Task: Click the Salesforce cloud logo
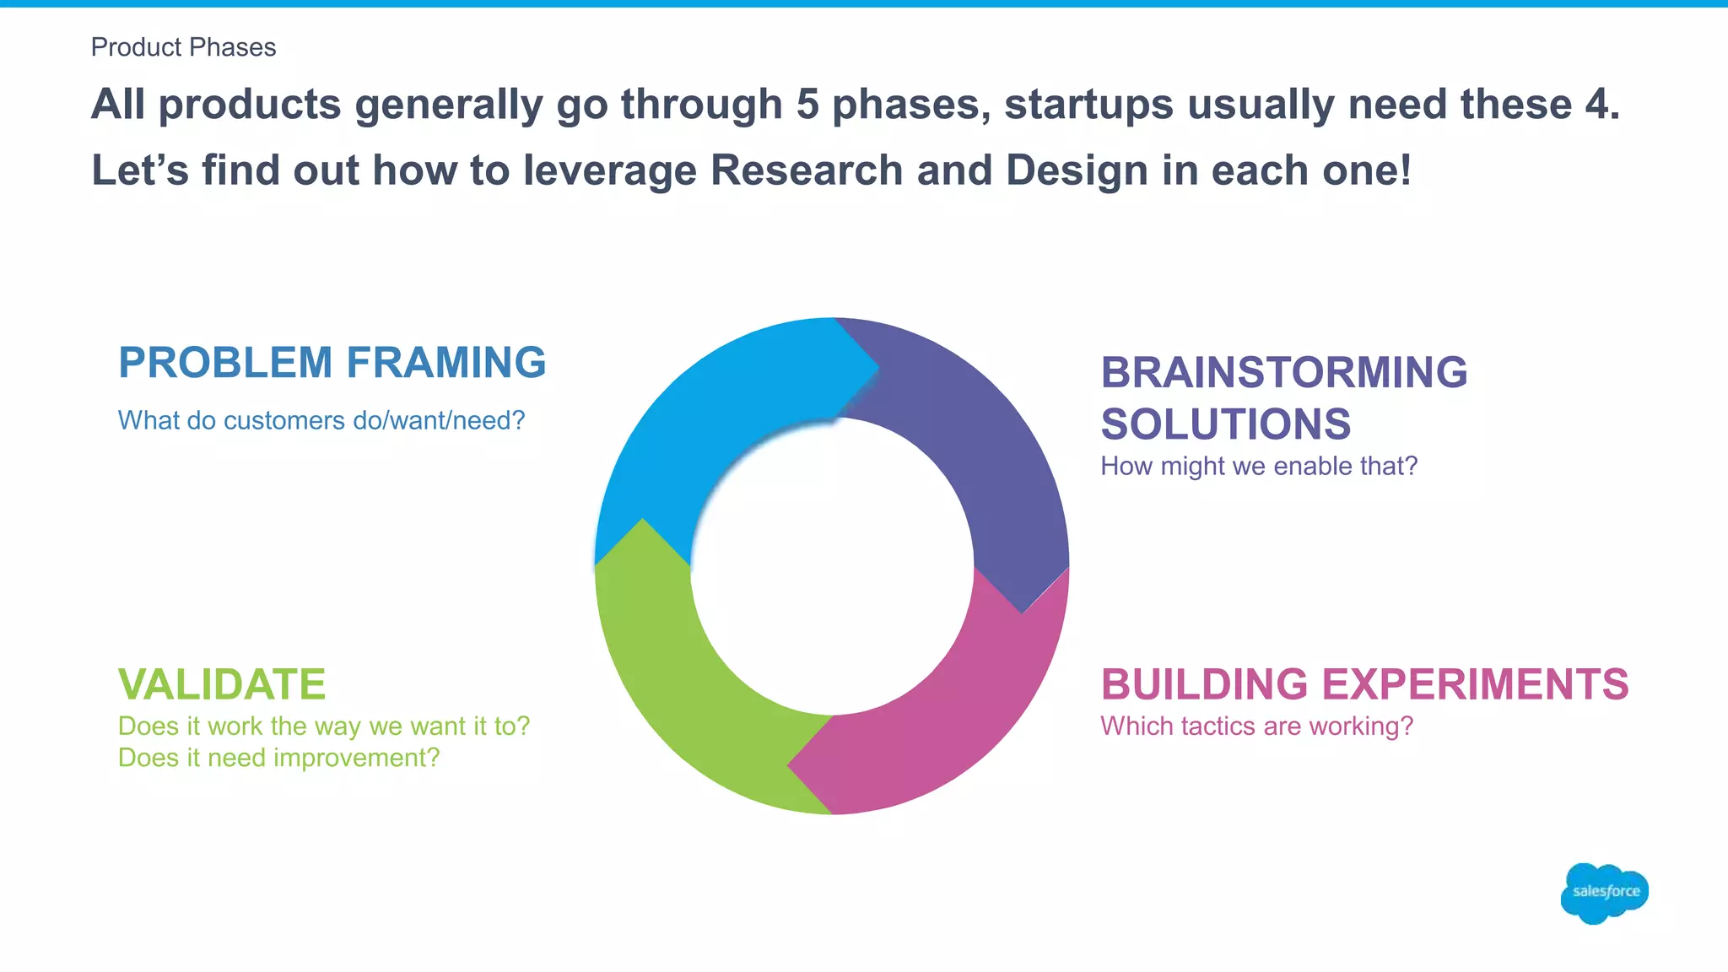pyautogui.click(x=1604, y=892)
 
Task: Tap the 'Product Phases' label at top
pyautogui.click(x=183, y=47)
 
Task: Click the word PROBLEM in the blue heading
pyautogui.click(x=225, y=363)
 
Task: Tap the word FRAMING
pyautogui.click(x=446, y=363)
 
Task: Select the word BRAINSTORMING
pyautogui.click(x=1283, y=372)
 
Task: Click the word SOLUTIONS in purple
pyautogui.click(x=1225, y=424)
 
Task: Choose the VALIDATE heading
pyautogui.click(x=222, y=684)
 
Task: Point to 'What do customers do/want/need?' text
pyautogui.click(x=321, y=420)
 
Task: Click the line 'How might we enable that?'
pyautogui.click(x=1258, y=466)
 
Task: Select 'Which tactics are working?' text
pyautogui.click(x=1256, y=726)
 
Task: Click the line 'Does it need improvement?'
pyautogui.click(x=278, y=758)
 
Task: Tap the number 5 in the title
pyautogui.click(x=807, y=105)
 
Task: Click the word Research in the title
pyautogui.click(x=807, y=170)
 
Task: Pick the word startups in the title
pyautogui.click(x=1088, y=105)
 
